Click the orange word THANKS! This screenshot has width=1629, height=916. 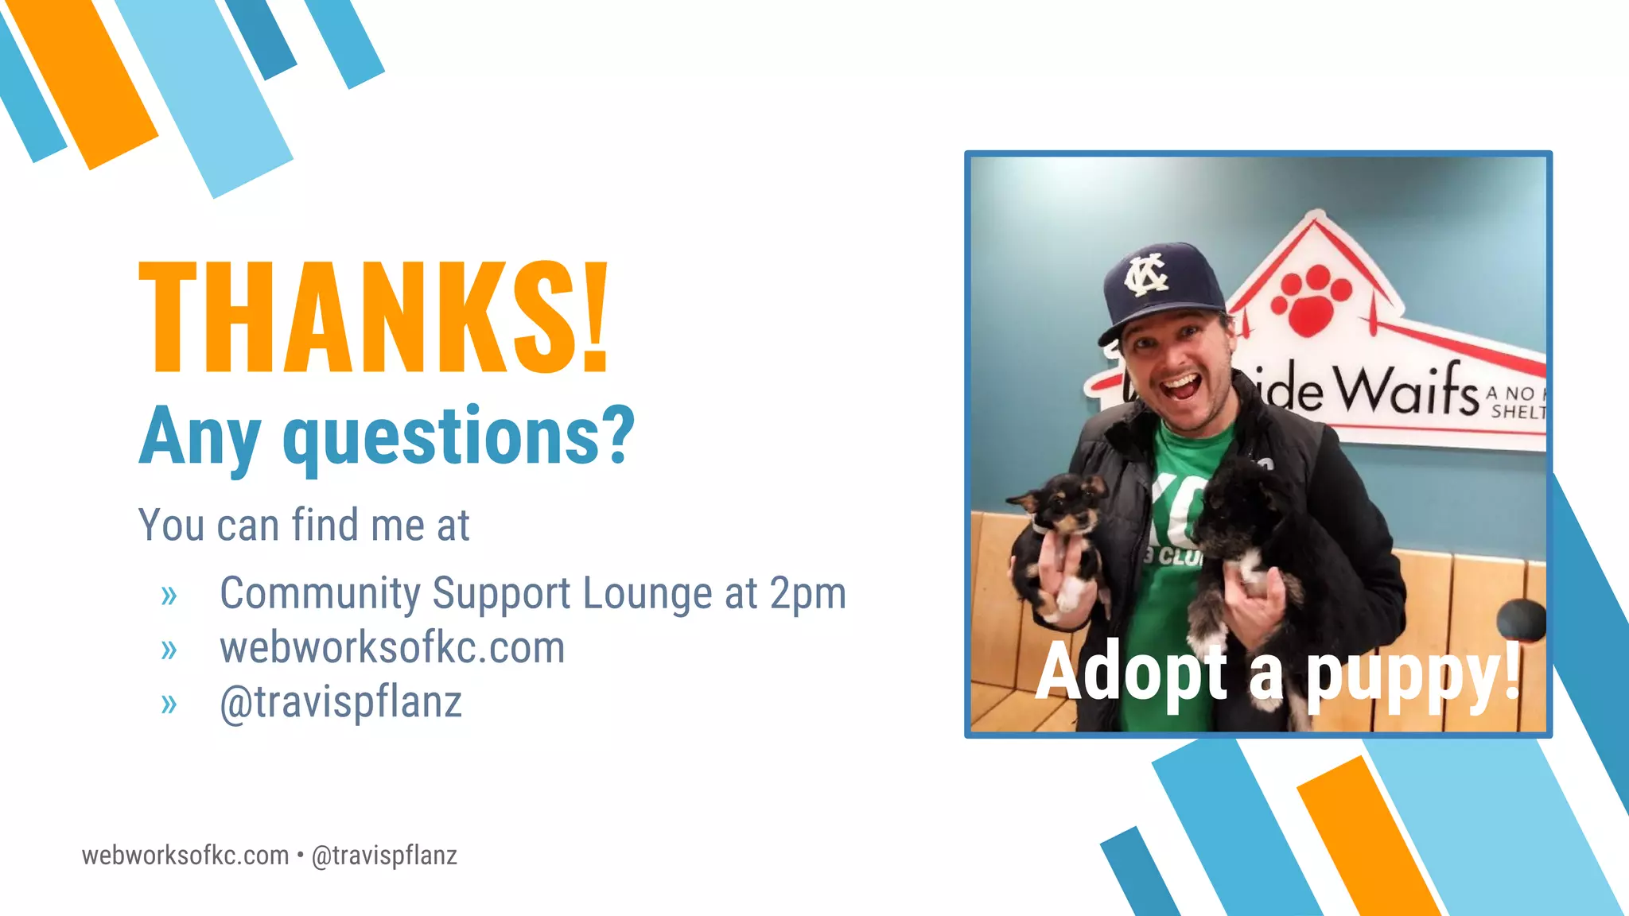click(x=374, y=318)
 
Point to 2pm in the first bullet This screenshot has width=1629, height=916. click(x=807, y=593)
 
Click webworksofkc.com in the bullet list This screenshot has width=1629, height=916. click(x=392, y=647)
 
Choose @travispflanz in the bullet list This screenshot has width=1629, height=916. click(x=340, y=702)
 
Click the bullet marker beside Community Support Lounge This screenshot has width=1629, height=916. click(x=169, y=595)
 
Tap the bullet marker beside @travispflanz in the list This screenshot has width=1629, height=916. click(x=169, y=704)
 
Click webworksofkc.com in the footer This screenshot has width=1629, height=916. click(x=185, y=856)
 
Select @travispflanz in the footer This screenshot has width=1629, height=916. click(x=384, y=856)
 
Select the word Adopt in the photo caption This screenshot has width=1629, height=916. click(x=1131, y=673)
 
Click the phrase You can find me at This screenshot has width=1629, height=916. click(x=304, y=525)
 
